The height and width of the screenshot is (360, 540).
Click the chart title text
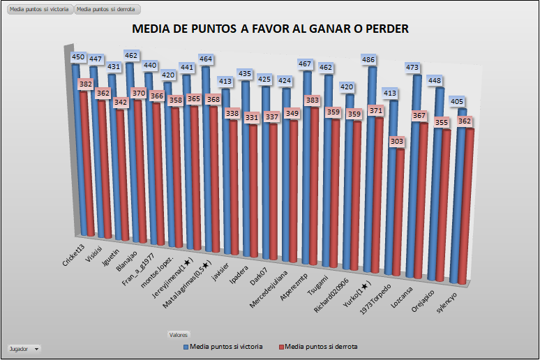pyautogui.click(x=270, y=29)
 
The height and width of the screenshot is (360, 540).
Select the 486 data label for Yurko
pyautogui.click(x=370, y=60)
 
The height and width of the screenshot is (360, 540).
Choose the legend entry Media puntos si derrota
pyautogui.click(x=322, y=346)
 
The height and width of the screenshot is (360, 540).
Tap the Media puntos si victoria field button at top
pyautogui.click(x=38, y=10)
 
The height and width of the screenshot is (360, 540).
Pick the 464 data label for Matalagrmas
pyautogui.click(x=206, y=59)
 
